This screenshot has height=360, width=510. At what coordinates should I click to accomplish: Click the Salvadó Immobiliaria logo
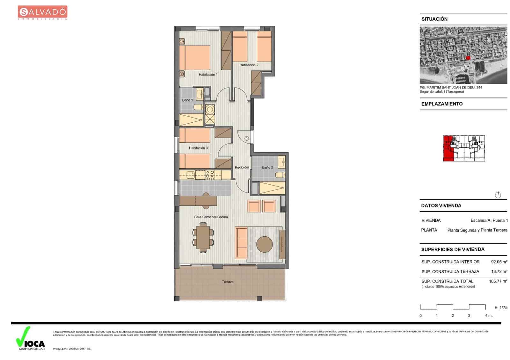(42, 13)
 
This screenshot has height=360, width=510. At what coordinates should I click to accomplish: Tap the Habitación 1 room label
(208, 75)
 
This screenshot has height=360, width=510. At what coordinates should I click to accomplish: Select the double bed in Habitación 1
(194, 58)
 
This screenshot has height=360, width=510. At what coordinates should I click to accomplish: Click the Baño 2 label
(267, 168)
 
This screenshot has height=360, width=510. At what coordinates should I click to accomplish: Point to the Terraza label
(228, 282)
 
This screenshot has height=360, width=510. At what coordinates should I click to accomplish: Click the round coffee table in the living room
(265, 244)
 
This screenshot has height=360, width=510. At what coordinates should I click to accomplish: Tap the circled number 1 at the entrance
(247, 138)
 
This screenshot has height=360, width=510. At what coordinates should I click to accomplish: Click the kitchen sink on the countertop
(191, 174)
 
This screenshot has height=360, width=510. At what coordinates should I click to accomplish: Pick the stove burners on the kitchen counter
(210, 174)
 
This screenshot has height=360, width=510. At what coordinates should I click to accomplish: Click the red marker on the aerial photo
(468, 58)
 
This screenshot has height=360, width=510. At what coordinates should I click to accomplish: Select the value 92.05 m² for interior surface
(499, 262)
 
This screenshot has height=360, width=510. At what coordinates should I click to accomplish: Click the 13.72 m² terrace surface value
(499, 272)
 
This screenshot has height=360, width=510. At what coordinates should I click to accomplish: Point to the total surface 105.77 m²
(498, 281)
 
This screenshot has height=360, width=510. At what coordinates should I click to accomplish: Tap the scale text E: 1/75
(501, 308)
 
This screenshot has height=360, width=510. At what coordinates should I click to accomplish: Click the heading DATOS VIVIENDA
(441, 206)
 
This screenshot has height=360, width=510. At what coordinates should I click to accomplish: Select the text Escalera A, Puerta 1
(489, 220)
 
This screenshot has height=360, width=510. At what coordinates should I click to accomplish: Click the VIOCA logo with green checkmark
(30, 339)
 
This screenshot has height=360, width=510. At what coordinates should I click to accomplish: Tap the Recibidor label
(242, 168)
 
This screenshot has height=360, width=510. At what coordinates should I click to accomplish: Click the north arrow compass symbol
(498, 195)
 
